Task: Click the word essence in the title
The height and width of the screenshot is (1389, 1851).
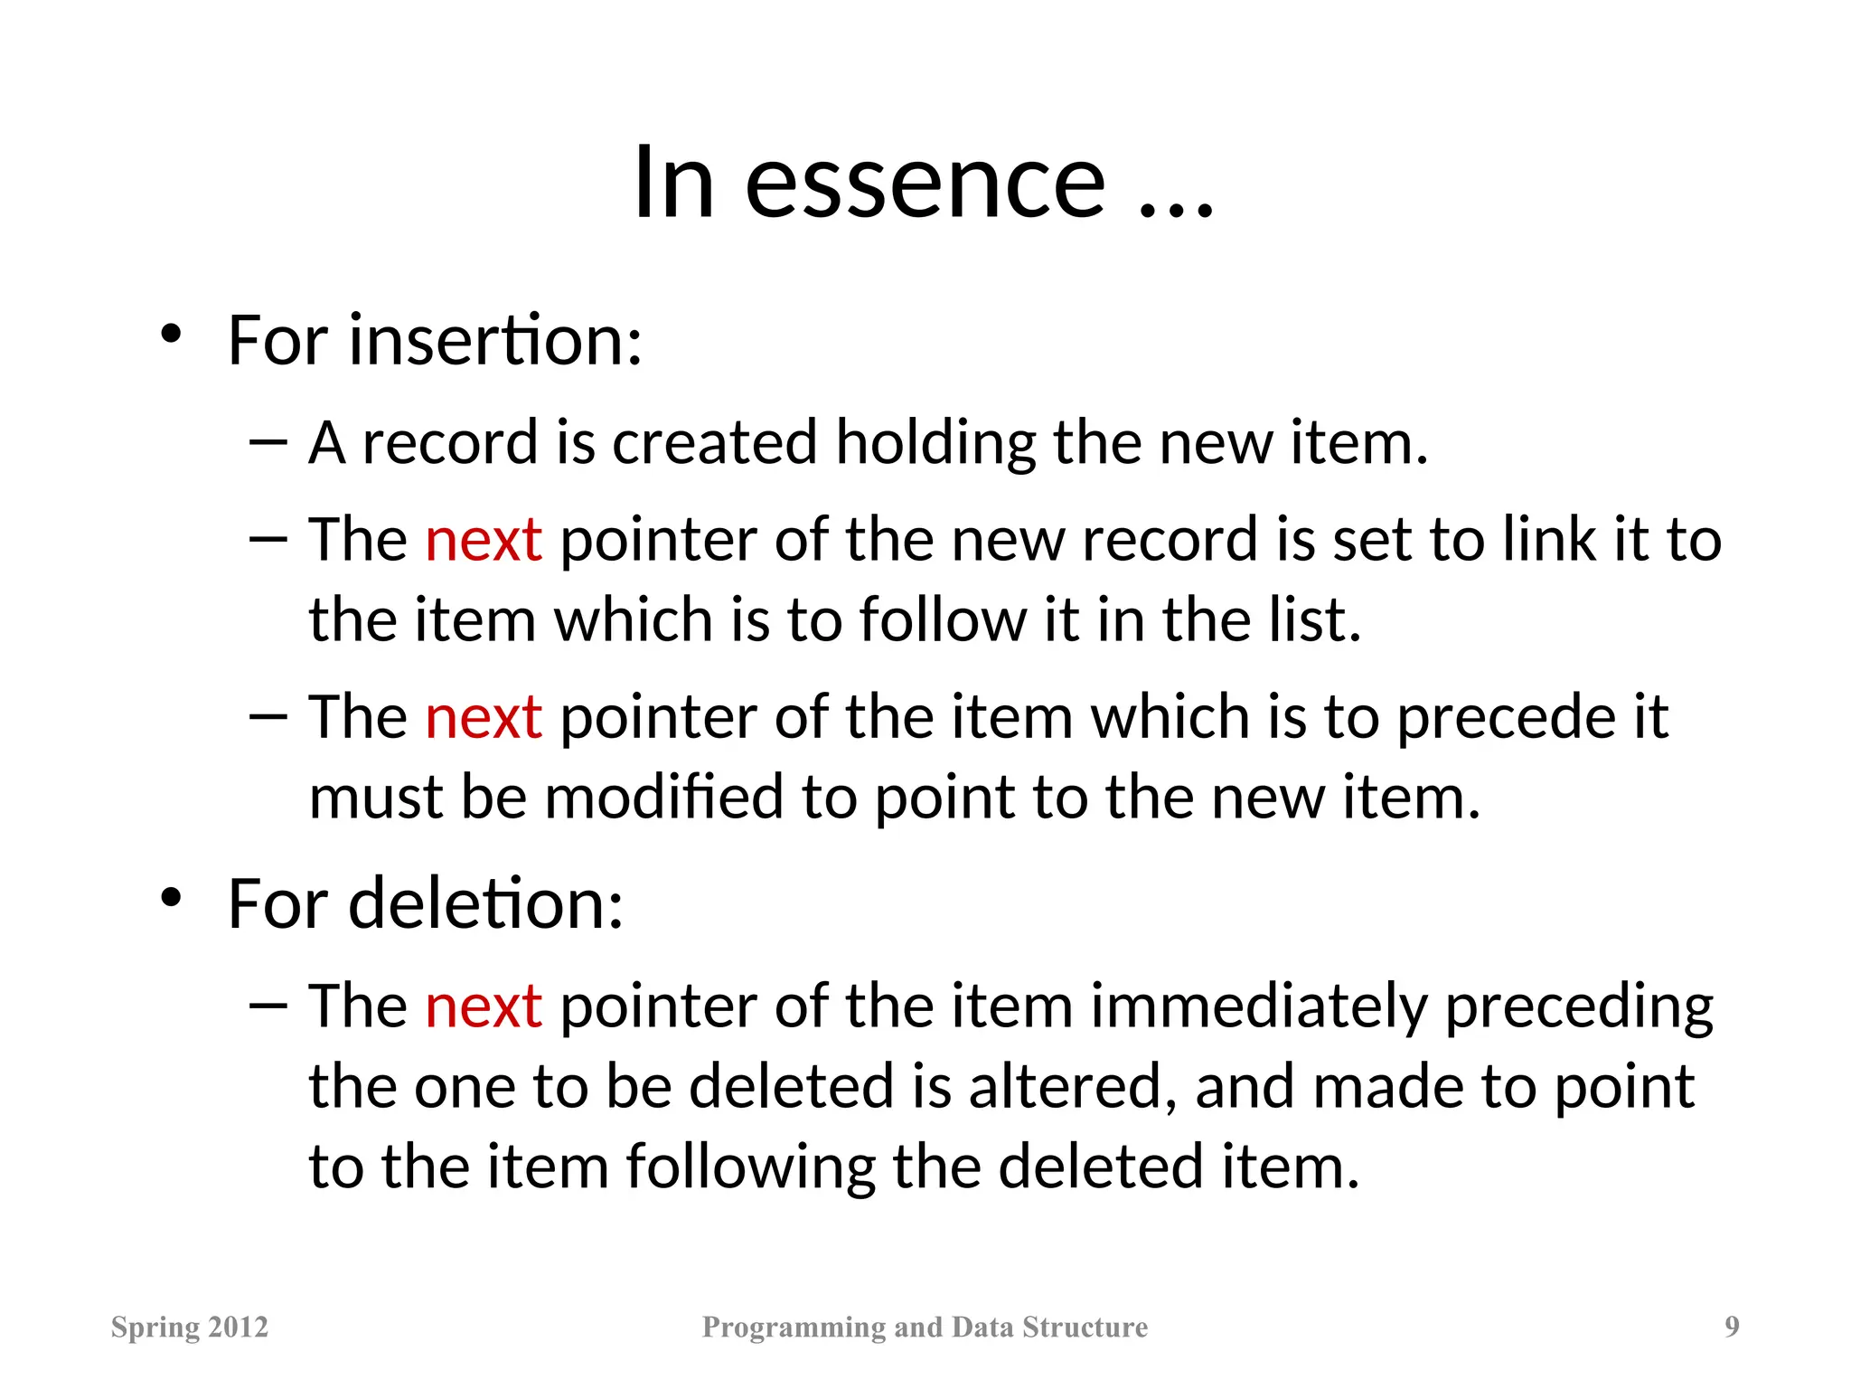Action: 925,185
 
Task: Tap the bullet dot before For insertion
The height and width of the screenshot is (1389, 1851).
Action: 171,335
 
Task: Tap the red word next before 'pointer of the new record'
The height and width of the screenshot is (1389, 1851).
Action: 484,540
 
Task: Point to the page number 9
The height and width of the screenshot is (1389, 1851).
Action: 1731,1327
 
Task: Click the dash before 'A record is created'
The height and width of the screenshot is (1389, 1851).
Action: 268,442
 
